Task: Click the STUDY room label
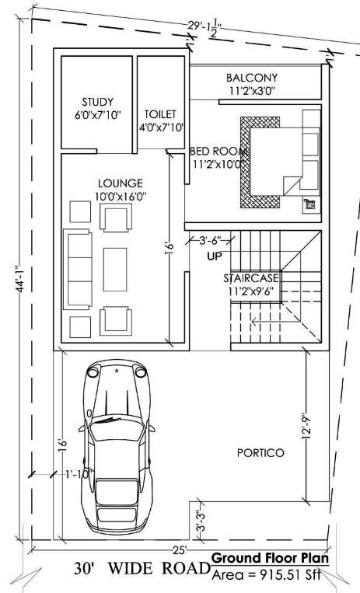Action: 98,102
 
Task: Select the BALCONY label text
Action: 252,78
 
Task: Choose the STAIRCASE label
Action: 251,277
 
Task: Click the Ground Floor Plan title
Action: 270,558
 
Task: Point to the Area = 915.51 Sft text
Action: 266,574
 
